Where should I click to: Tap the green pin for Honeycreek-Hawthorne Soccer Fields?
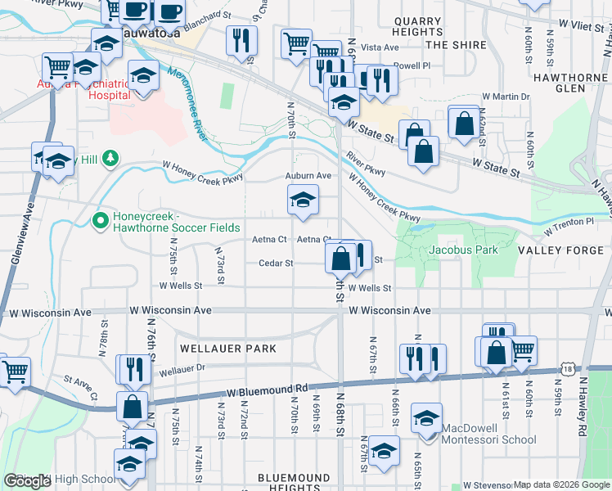coord(100,219)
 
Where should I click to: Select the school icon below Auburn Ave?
coord(302,200)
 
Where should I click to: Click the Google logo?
coord(27,481)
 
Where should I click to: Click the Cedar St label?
coord(276,264)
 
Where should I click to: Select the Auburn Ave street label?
coord(308,175)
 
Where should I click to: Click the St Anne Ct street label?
coord(81,382)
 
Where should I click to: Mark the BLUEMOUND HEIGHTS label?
coord(294,482)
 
